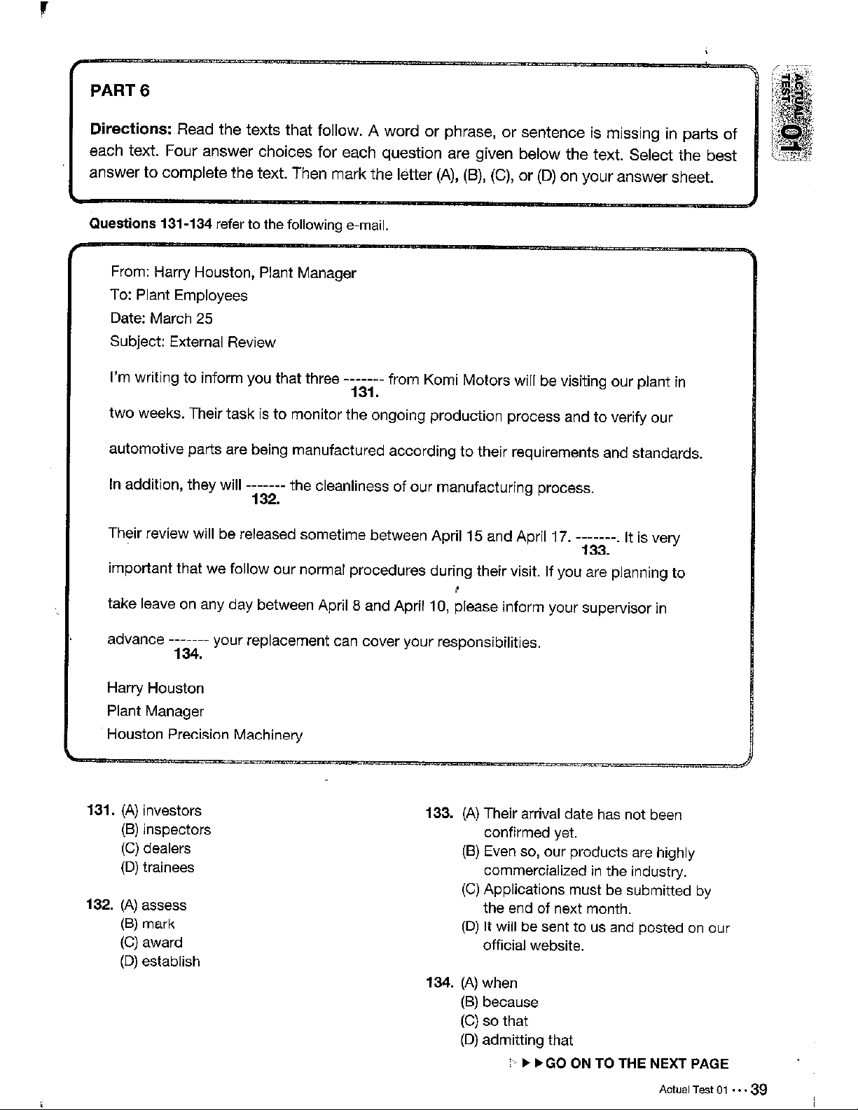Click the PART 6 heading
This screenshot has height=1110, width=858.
[120, 91]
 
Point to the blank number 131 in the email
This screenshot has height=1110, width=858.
[364, 393]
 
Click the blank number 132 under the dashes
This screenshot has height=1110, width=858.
[265, 499]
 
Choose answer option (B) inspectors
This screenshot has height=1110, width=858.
[166, 830]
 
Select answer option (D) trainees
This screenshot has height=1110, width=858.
[158, 868]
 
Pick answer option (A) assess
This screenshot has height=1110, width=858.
[154, 906]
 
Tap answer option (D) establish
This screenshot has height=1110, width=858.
[160, 962]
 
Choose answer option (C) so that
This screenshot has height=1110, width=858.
[494, 1021]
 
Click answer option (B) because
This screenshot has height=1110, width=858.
[499, 1002]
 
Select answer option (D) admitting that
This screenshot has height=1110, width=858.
[517, 1040]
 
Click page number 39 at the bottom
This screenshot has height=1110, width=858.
[759, 1090]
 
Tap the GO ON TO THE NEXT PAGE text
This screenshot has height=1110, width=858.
[637, 1064]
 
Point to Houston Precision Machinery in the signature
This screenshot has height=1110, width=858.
[205, 735]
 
